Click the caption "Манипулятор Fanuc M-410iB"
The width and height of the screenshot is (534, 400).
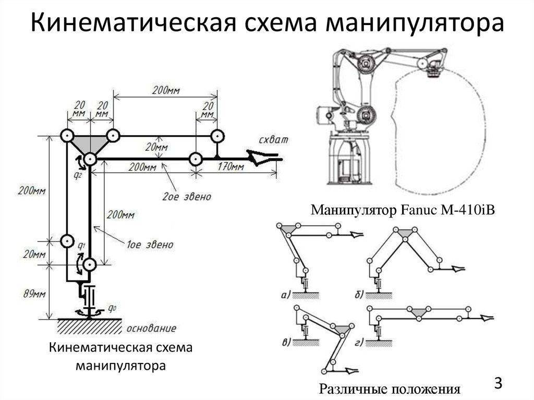tap(402, 211)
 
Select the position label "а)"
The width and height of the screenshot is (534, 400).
tap(285, 295)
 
